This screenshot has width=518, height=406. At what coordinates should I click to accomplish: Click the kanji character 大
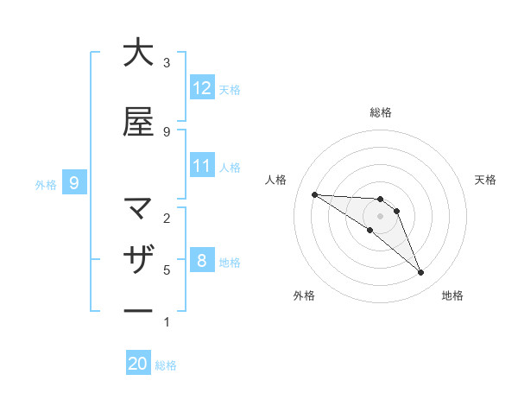(x=138, y=53)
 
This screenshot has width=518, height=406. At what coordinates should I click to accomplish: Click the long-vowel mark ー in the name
(x=138, y=311)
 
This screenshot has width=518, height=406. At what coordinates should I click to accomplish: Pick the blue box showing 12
(x=202, y=88)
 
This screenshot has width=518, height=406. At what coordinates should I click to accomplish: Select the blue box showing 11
(x=202, y=166)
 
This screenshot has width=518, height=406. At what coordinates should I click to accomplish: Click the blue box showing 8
(x=202, y=261)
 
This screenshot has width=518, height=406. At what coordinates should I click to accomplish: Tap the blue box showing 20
(x=138, y=364)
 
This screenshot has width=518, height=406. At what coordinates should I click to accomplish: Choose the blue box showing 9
(x=74, y=182)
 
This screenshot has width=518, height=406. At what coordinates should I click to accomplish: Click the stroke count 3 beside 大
(x=167, y=63)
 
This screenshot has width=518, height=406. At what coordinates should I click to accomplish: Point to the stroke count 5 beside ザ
(x=167, y=270)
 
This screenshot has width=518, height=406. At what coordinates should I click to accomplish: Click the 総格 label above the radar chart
(x=380, y=112)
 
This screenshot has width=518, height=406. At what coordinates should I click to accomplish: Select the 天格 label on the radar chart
(x=485, y=180)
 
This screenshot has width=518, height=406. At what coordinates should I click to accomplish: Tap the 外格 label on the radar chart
(x=304, y=295)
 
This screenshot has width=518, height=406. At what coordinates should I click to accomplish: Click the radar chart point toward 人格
(x=314, y=194)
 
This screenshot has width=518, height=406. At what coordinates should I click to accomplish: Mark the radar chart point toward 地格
(x=420, y=273)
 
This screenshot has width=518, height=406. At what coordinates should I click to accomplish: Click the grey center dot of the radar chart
(x=380, y=216)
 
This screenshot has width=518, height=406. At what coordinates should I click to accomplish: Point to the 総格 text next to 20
(x=166, y=365)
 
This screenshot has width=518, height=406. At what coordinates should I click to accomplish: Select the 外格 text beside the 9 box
(x=45, y=184)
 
